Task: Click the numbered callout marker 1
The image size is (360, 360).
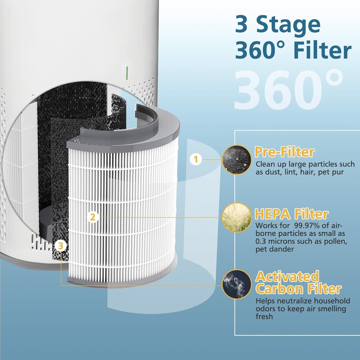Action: coord(196,160)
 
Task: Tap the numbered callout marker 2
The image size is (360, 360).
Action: coord(93,217)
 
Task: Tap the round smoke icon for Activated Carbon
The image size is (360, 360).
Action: coord(237,284)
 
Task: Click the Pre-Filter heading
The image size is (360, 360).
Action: coord(284,152)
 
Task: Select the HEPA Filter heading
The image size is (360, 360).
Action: coord(291,214)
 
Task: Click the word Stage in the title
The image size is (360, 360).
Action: coord(288,25)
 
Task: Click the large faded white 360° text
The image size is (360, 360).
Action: coord(288,90)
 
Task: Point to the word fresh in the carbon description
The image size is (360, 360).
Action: coord(264,317)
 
